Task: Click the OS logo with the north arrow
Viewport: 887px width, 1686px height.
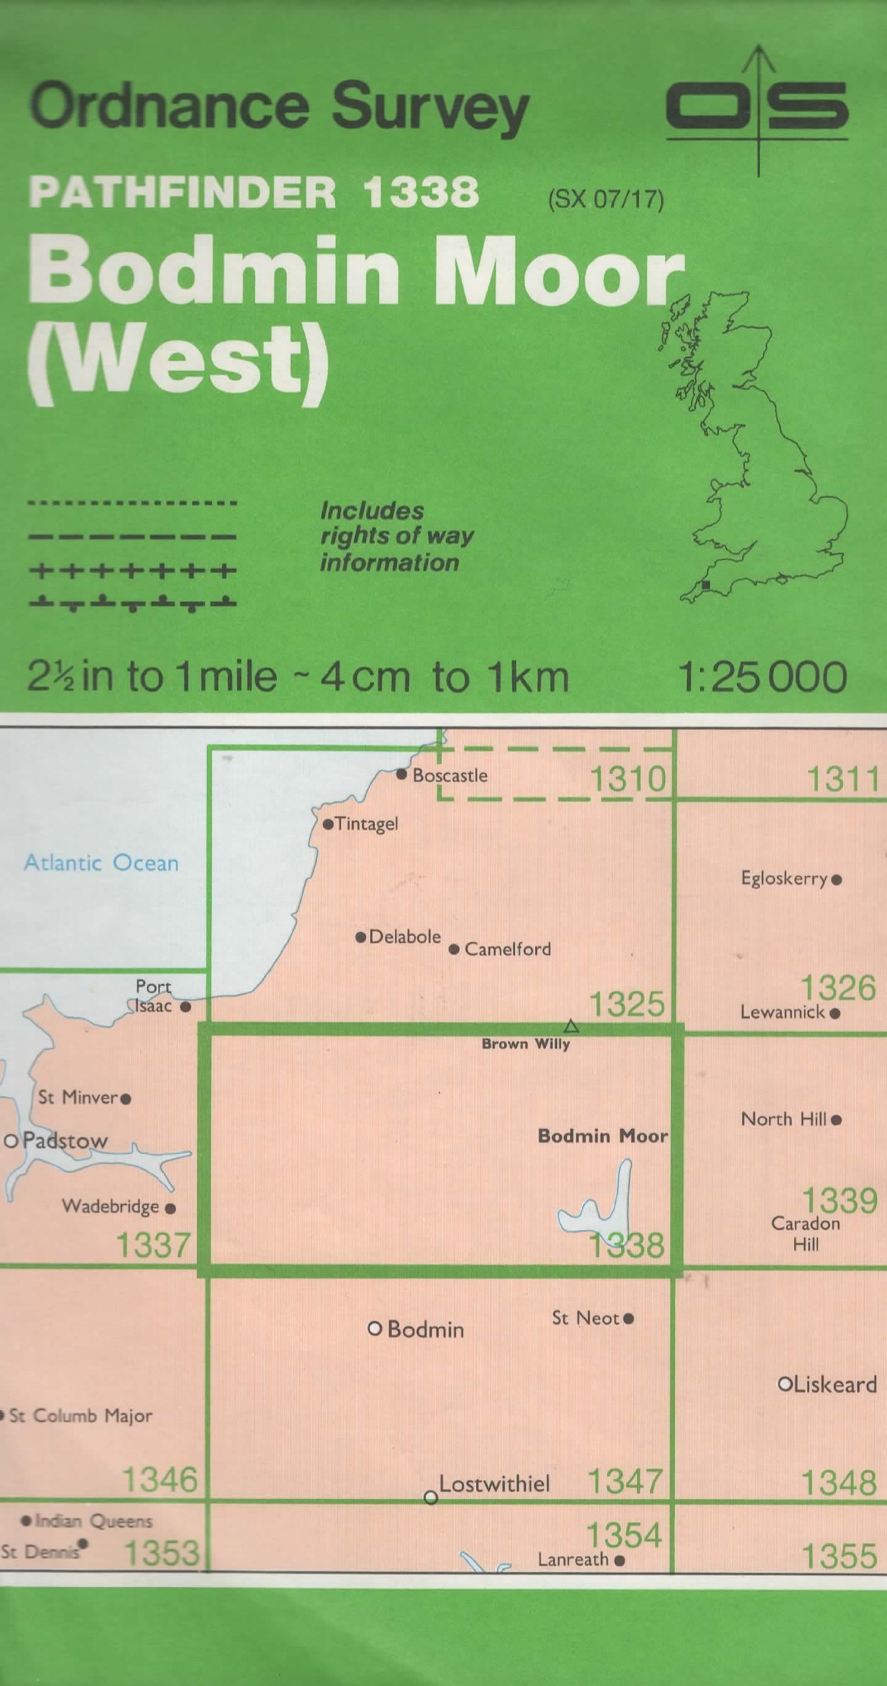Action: click(x=757, y=109)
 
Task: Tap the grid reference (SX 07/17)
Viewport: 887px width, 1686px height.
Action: click(x=605, y=198)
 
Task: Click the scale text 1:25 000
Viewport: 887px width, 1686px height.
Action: click(x=762, y=677)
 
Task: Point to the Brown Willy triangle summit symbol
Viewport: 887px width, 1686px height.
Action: click(x=571, y=1026)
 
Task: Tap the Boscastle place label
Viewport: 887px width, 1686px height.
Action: click(x=450, y=775)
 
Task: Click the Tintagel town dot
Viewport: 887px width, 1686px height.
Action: click(x=328, y=824)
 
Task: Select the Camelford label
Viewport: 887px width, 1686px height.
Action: click(x=508, y=949)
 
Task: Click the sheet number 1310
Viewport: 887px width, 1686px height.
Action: click(x=628, y=779)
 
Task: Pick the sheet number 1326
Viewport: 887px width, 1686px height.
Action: click(x=838, y=989)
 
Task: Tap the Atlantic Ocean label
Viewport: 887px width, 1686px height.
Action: click(x=101, y=863)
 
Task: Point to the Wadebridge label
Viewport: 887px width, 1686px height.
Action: click(x=111, y=1206)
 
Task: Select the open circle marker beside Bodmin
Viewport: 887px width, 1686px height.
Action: click(x=375, y=1328)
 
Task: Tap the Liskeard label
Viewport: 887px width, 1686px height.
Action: click(x=835, y=1384)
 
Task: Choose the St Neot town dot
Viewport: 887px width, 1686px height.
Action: click(x=628, y=1318)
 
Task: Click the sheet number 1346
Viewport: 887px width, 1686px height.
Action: click(x=160, y=1481)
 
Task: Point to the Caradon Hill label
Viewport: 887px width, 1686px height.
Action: click(x=805, y=1234)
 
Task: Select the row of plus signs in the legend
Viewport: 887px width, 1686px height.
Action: click(x=132, y=570)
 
